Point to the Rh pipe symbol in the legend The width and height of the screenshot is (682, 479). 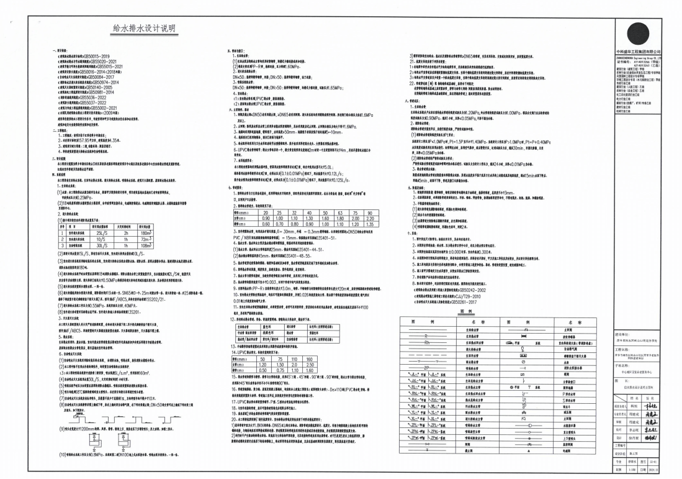tap(427, 342)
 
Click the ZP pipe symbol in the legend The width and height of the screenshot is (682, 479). tap(427, 367)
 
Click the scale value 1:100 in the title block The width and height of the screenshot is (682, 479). tap(631, 470)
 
